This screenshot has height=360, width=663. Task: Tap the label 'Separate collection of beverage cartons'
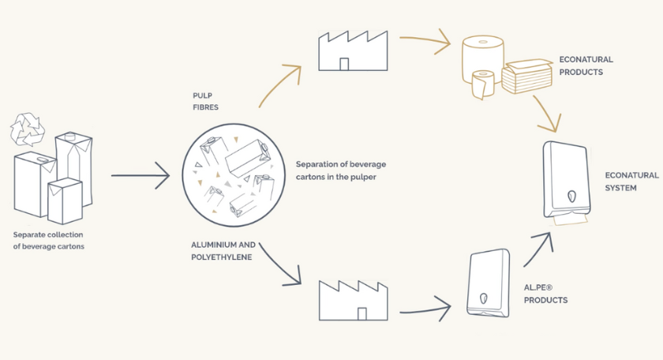[48, 240]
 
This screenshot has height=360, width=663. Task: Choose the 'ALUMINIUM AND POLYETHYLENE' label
[223, 251]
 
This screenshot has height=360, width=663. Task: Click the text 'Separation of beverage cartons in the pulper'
[340, 170]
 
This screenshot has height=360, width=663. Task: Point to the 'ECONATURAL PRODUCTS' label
[586, 66]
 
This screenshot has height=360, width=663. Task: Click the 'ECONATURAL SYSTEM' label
[631, 181]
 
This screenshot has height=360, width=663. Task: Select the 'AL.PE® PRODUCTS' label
[545, 294]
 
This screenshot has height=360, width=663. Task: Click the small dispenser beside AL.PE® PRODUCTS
[487, 283]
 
